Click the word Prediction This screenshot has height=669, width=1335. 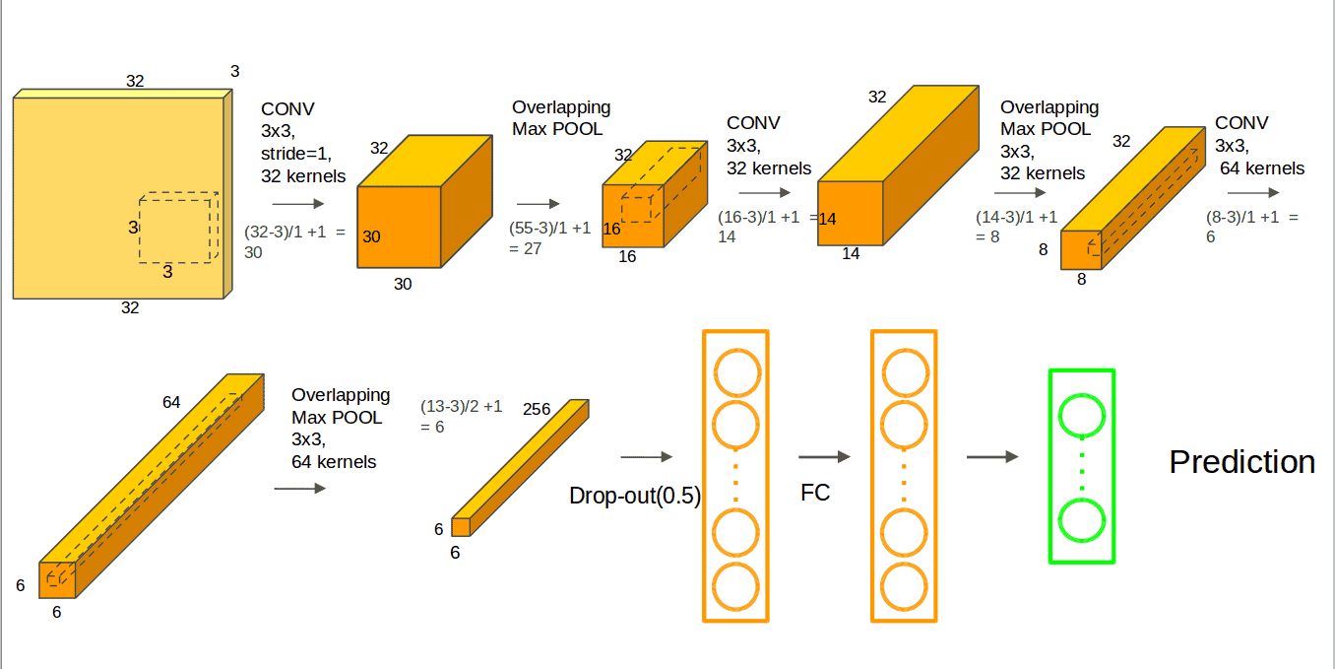[1241, 462]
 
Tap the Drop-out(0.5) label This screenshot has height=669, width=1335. [635, 496]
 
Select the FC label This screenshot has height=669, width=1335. [815, 493]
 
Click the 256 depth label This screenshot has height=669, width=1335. [537, 409]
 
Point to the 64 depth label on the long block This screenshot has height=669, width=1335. [171, 402]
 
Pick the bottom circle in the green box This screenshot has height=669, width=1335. [1082, 521]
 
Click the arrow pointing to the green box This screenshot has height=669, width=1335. [991, 457]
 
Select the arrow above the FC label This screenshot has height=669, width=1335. [824, 457]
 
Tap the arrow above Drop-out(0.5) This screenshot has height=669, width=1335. [646, 457]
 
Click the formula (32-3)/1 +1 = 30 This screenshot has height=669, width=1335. [294, 241]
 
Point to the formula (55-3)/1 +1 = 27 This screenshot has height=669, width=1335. [549, 238]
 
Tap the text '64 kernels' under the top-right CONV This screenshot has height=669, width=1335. [1262, 168]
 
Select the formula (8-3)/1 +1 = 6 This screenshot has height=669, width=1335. [1251, 226]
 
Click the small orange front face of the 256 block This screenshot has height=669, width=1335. [461, 527]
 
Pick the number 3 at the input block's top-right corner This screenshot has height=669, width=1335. [234, 71]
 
